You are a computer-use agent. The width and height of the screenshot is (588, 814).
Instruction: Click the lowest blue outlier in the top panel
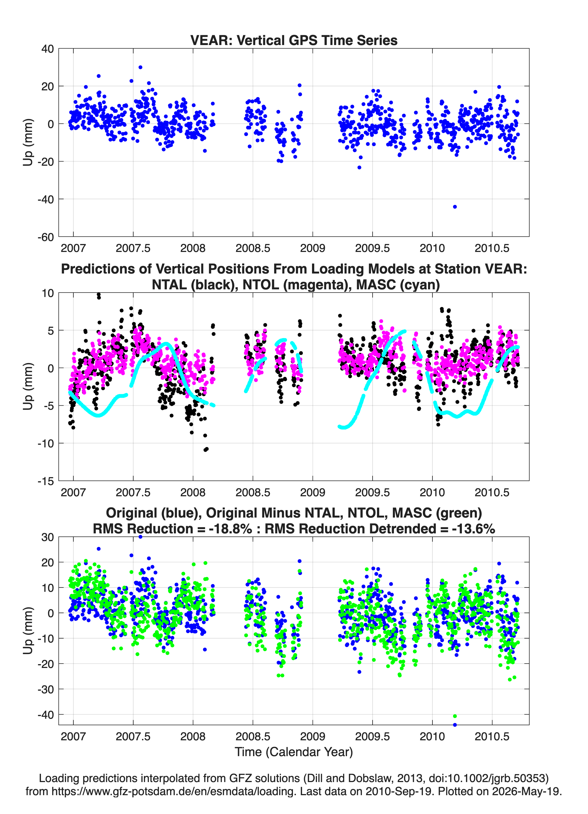tap(455, 207)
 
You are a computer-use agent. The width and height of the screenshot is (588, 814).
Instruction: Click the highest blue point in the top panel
tap(140, 67)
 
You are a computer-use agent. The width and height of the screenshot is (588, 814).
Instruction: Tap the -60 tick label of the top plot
tap(46, 237)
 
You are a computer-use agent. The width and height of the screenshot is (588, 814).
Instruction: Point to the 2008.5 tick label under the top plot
tap(253, 248)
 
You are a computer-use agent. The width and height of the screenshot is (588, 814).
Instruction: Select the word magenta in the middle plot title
tap(321, 285)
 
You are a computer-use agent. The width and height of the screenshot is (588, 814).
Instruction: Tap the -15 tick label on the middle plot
tap(46, 481)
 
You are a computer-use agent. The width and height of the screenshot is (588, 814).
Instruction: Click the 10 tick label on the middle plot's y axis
tap(48, 293)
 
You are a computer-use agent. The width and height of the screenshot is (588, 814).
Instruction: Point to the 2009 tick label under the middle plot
tap(313, 492)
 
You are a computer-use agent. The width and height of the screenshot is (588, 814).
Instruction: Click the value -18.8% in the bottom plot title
tap(231, 529)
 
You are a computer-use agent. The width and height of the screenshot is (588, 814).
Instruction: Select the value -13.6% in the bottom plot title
tap(474, 529)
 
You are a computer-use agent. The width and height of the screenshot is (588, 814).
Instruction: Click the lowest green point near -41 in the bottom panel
tap(455, 716)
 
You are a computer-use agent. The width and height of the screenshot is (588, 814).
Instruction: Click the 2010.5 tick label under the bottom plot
tap(492, 736)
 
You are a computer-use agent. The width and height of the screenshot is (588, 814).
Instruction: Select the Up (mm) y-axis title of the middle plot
tap(28, 387)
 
